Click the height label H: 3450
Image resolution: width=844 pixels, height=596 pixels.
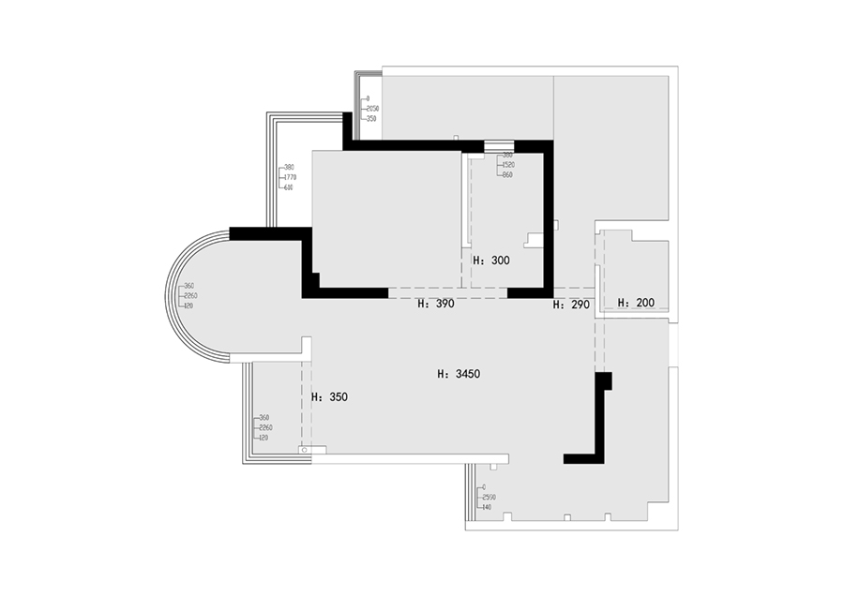pos(459,374)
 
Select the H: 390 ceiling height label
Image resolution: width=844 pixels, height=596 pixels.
pos(436,305)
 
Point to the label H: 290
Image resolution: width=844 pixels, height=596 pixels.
pos(570,305)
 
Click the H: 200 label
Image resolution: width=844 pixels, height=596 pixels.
pos(636,303)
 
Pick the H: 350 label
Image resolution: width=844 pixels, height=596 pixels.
pos(329,396)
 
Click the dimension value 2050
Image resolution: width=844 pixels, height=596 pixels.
pos(372,109)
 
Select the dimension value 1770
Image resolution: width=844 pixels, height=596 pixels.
pos(290,177)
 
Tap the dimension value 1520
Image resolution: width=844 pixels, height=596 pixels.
pos(508,165)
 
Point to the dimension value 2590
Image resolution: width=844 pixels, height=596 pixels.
pos(488,497)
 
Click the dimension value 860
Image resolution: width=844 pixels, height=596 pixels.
pos(507,175)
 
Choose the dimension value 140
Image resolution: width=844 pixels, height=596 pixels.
pos(486,507)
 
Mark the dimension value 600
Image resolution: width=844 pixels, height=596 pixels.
pos(289,186)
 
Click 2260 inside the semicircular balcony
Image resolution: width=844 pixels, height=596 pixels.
pos(190,296)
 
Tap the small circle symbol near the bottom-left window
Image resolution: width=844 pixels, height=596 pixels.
pos(305,452)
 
